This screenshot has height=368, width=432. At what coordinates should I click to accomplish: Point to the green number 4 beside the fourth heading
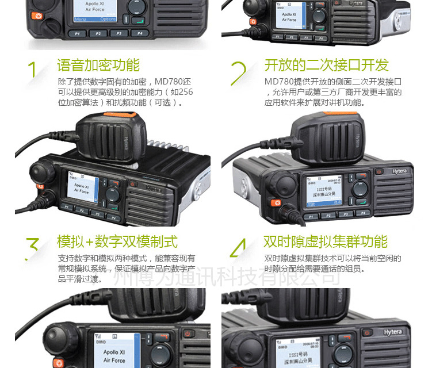tap(238, 248)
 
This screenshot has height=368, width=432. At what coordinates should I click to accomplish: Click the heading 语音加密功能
tap(98, 65)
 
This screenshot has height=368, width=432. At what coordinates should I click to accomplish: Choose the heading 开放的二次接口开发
tap(326, 65)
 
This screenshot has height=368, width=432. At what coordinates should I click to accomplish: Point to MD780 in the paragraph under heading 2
tap(277, 82)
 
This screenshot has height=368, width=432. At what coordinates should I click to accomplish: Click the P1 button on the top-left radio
tap(77, 33)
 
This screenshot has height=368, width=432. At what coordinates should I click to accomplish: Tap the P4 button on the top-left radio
tap(139, 33)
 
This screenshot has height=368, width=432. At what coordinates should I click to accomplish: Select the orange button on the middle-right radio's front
tap(276, 203)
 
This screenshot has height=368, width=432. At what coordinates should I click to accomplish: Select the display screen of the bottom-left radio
tap(114, 351)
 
